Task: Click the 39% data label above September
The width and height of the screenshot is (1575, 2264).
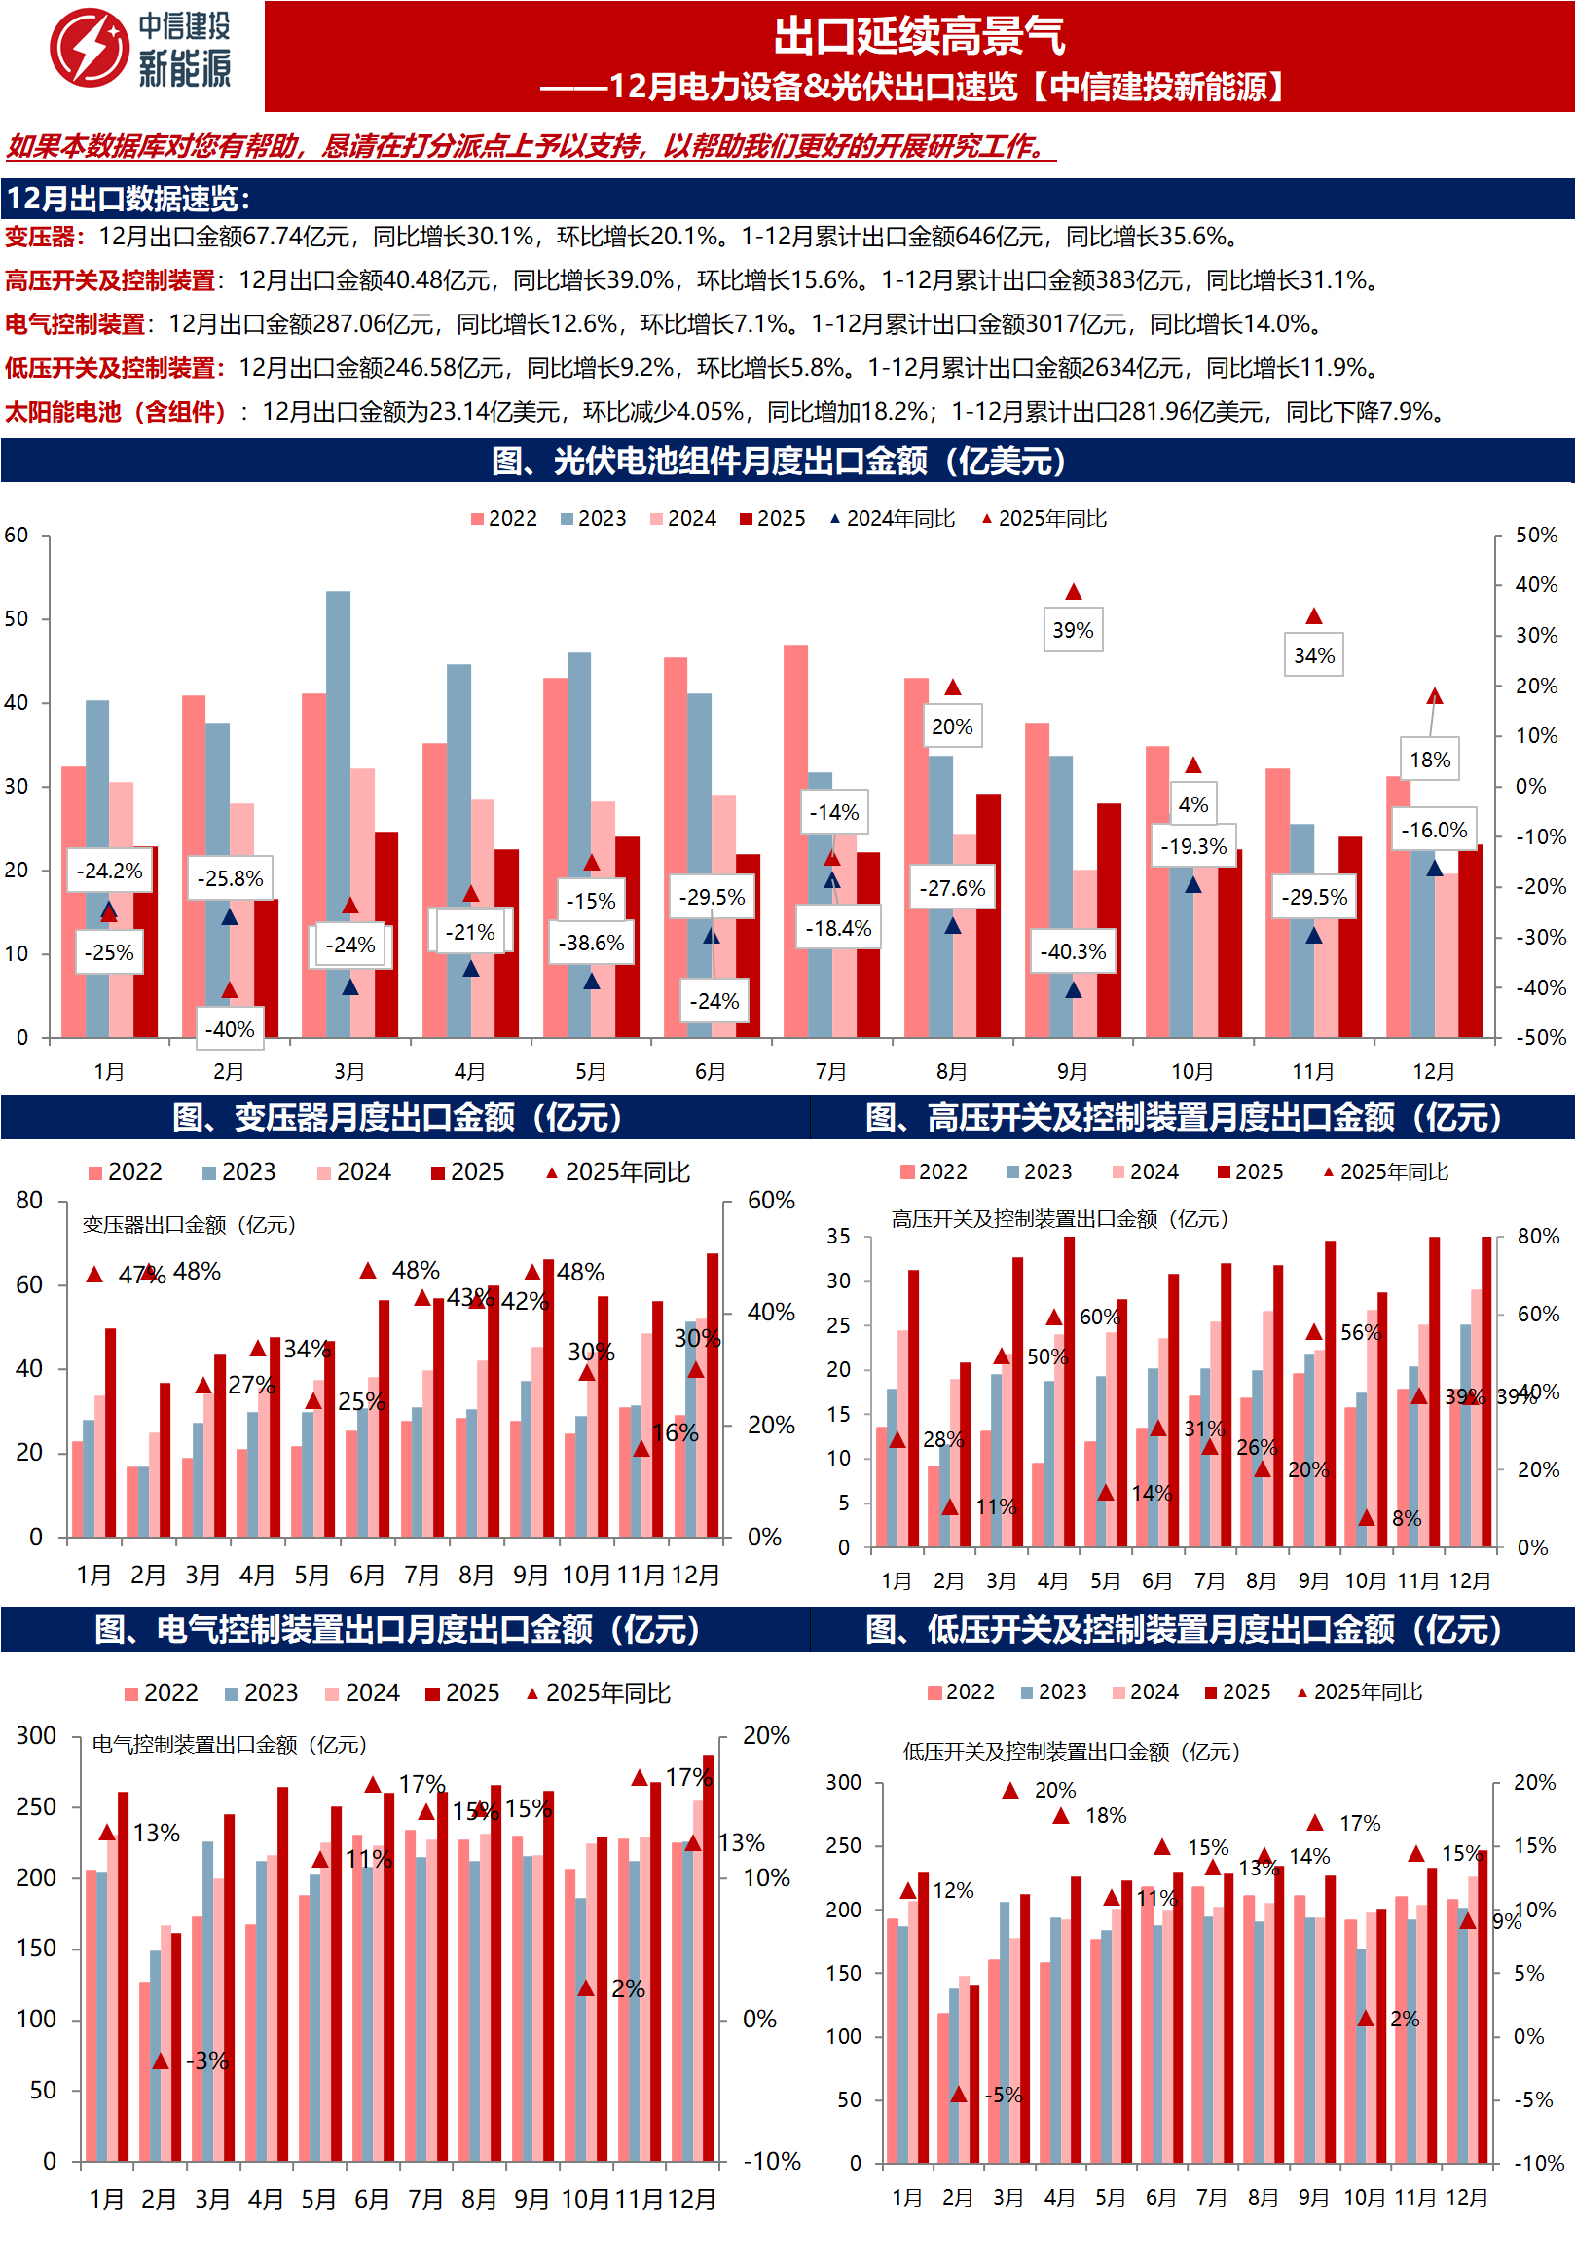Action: click(x=1073, y=630)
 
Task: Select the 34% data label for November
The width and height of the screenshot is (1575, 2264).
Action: click(x=1313, y=655)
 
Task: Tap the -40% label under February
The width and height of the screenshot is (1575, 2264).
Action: click(x=230, y=1029)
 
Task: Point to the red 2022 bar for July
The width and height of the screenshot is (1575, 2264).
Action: click(x=795, y=838)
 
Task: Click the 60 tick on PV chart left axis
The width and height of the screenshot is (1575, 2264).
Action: click(x=17, y=536)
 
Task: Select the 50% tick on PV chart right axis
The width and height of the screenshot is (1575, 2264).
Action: click(x=1535, y=536)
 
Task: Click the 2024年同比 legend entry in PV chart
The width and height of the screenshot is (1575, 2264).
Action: click(x=892, y=519)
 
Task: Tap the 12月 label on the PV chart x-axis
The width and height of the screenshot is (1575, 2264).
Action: click(x=1433, y=1072)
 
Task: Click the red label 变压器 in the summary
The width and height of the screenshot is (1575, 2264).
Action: click(x=40, y=237)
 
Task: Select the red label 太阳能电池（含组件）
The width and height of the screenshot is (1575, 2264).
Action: click(x=116, y=412)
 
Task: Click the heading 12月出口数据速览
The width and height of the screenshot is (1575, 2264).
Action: click(x=128, y=200)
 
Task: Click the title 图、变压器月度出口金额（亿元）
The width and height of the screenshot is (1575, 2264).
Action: click(x=398, y=1117)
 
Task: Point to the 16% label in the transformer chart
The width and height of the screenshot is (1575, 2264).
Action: click(x=676, y=1432)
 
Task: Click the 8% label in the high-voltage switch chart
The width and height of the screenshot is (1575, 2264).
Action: click(x=1406, y=1518)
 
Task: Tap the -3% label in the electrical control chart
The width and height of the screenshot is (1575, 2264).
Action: click(x=208, y=2060)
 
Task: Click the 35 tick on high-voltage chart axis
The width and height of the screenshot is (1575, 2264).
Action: click(x=838, y=1237)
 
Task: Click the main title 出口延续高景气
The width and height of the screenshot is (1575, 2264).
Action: click(x=918, y=36)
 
